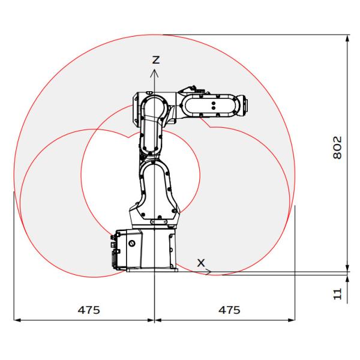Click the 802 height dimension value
337,148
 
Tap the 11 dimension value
337,294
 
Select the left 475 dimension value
89,310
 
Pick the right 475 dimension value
229,310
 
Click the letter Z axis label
156,59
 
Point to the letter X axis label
201,263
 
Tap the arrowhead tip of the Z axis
155,70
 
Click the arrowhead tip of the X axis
211,272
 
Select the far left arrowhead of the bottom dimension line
14,320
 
